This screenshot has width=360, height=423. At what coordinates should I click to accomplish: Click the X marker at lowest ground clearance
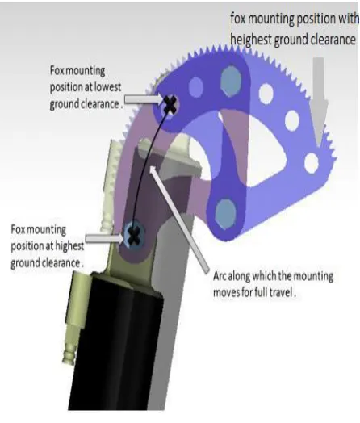pyautogui.click(x=170, y=105)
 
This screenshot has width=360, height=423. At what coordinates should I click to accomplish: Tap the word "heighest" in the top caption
pyautogui.click(x=251, y=40)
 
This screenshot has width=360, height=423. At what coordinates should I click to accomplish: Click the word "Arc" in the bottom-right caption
pyautogui.click(x=220, y=276)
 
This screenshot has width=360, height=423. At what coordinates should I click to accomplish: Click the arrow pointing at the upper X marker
pyautogui.click(x=143, y=99)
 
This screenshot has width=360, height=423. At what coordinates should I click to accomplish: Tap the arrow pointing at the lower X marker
pyautogui.click(x=105, y=238)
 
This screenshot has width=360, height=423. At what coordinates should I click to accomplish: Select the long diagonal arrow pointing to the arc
pyautogui.click(x=179, y=219)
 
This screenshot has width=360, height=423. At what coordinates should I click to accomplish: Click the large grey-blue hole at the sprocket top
pyautogui.click(x=231, y=81)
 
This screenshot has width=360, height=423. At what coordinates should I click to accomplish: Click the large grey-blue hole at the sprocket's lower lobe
pyautogui.click(x=226, y=214)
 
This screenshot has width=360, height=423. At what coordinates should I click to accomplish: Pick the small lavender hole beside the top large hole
pyautogui.click(x=196, y=87)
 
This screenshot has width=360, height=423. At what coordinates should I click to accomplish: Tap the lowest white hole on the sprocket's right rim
pyautogui.click(x=312, y=163)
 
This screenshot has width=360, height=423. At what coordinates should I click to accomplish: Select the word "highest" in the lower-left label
pyautogui.click(x=69, y=246)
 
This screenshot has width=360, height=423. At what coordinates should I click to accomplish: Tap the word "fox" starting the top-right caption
pyautogui.click(x=238, y=19)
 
